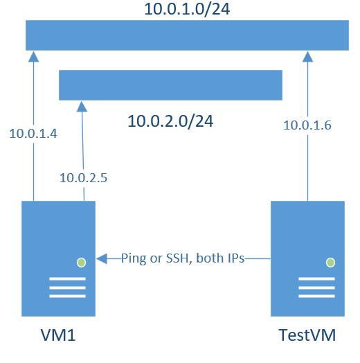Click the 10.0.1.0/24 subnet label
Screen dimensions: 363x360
[186, 10]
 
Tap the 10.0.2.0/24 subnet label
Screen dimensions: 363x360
[170, 121]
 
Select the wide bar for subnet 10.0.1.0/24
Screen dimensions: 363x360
[187, 35]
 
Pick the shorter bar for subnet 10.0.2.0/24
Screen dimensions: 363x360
[170, 85]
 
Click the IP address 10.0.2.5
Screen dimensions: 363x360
[83, 178]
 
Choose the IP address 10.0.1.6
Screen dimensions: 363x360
[307, 125]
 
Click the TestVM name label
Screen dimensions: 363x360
[307, 337]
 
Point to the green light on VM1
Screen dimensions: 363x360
[81, 263]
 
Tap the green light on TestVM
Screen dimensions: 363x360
[330, 263]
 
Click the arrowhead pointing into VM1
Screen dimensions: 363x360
[101, 259]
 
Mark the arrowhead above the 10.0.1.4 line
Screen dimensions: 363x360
[32, 55]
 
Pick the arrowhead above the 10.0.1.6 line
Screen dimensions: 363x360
[308, 55]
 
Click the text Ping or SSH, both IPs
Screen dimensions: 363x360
[183, 258]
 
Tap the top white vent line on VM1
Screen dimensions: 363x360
[67, 279]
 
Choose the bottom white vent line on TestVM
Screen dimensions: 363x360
[316, 296]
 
